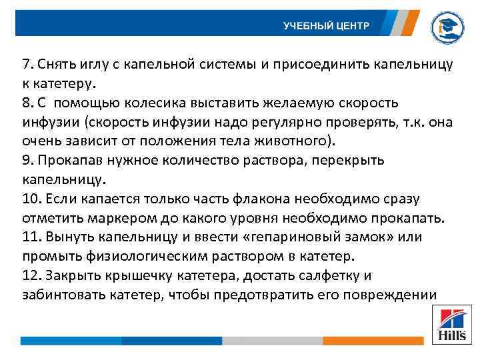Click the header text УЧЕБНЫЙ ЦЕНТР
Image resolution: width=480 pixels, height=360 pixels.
[325, 26]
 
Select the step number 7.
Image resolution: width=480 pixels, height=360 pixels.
[27, 65]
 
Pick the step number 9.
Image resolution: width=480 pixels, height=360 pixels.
[27, 161]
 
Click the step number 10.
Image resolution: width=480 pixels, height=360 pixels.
[30, 199]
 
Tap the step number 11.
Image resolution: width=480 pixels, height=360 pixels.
[30, 237]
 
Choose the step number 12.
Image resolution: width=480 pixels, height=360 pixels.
[30, 275]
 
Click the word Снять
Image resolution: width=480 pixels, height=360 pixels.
[56, 65]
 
